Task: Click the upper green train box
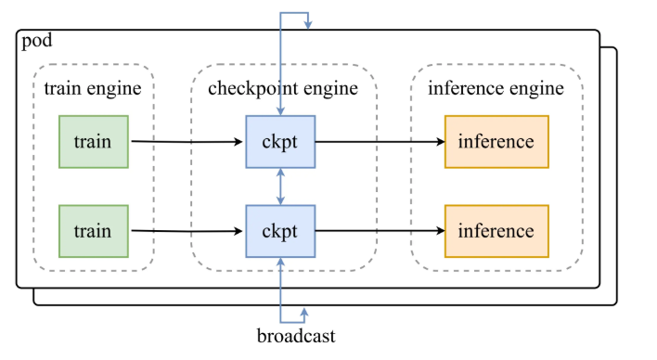tap(93, 142)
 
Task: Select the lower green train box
tap(93, 231)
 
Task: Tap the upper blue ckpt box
tap(280, 142)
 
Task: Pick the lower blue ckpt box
tap(280, 231)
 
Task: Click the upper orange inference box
tap(496, 142)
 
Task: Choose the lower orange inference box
tap(496, 231)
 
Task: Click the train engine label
tap(93, 89)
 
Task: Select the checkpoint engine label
tap(282, 89)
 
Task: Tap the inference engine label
tap(496, 89)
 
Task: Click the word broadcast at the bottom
tap(296, 336)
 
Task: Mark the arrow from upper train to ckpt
tap(186, 142)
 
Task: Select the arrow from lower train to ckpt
tap(186, 232)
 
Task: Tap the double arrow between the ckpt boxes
tap(280, 186)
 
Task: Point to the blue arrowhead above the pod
tap(307, 25)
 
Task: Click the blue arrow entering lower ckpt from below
tap(280, 278)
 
